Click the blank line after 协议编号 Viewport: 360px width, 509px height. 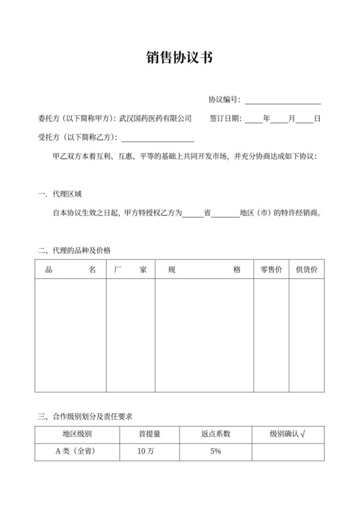282,100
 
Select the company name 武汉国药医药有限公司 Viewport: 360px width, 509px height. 156,118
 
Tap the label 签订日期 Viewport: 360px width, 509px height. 225,118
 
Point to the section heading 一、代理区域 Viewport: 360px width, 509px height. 60,193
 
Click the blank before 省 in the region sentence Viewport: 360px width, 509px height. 193,212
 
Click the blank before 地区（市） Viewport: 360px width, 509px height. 225,212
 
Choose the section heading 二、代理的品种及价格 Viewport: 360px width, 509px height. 79,250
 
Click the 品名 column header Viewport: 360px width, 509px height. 70,270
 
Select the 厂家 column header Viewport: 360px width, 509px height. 130,270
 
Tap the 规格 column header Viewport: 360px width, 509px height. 204,270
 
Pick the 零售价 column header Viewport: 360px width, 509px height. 271,270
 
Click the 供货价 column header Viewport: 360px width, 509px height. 306,270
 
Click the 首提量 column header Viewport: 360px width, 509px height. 149,434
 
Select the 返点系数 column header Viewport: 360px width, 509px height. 215,434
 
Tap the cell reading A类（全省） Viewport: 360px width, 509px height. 77,452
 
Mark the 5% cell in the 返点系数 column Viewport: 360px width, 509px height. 215,452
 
